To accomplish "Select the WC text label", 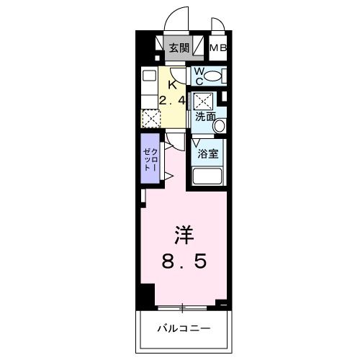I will (x=200, y=75).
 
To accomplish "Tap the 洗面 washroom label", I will (x=205, y=115).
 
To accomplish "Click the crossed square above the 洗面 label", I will (x=204, y=100).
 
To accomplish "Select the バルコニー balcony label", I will (x=184, y=329).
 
